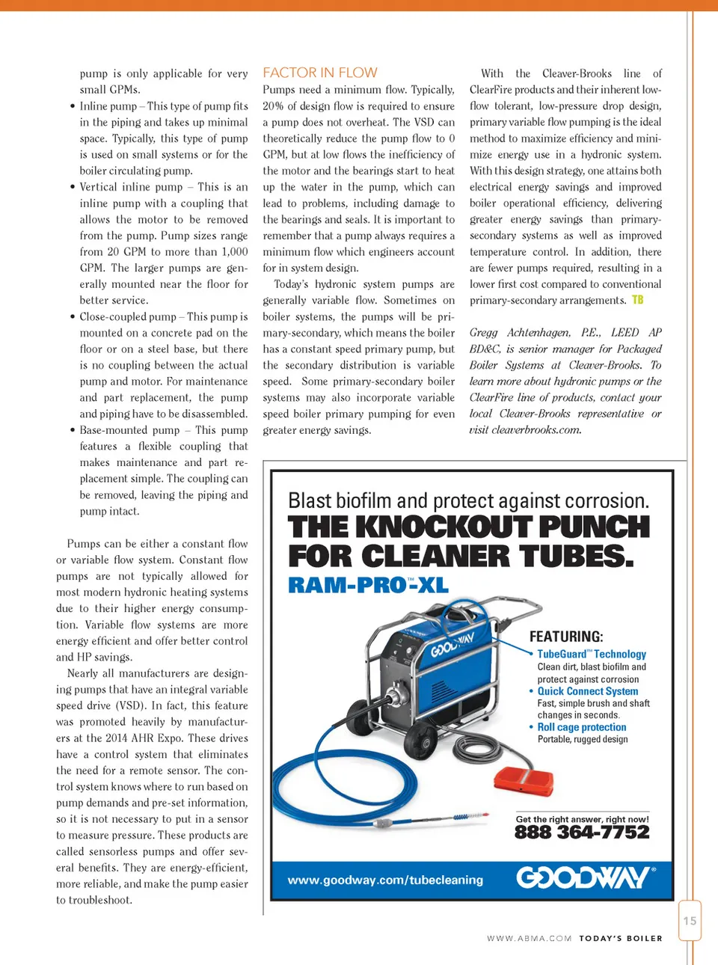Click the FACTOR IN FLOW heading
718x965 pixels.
(320, 73)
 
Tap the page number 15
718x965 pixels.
(690, 921)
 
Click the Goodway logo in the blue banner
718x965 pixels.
(586, 877)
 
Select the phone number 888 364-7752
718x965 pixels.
(582, 833)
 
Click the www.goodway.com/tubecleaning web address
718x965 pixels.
(385, 880)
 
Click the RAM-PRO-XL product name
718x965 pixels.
(368, 585)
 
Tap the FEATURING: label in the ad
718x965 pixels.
(566, 637)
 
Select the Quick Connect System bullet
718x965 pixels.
(588, 691)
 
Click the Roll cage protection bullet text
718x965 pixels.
(582, 727)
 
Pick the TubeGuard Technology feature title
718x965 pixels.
(592, 654)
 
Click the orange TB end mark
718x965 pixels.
(637, 300)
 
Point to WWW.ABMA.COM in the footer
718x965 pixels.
(529, 938)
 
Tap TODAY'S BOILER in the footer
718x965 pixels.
(621, 938)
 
